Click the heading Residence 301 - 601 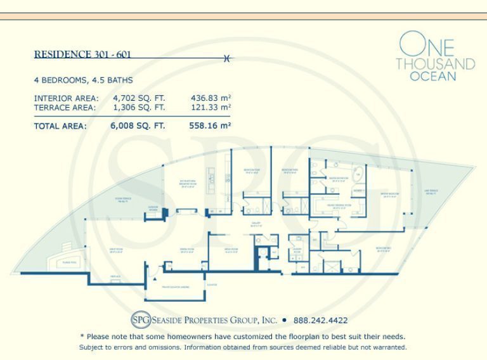[x=82, y=55]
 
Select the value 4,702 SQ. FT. [x=138, y=98]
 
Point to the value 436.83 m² [x=211, y=98]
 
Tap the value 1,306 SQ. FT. [x=138, y=108]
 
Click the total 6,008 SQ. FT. [x=138, y=125]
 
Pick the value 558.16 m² [x=210, y=125]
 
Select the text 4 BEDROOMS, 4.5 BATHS [x=83, y=80]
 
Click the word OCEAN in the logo [x=432, y=77]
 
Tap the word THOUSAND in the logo [x=435, y=64]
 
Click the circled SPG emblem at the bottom [x=140, y=320]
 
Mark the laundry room [x=297, y=250]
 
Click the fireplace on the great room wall [x=115, y=276]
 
